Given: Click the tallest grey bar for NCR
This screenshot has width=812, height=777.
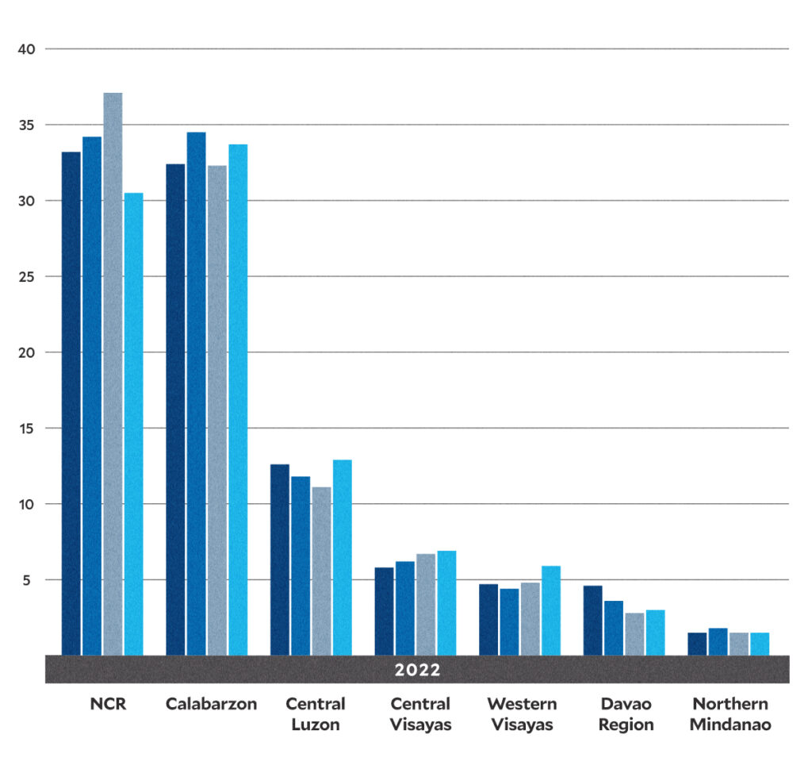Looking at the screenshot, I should tap(113, 373).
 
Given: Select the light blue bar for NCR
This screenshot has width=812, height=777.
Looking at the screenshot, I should tap(133, 424).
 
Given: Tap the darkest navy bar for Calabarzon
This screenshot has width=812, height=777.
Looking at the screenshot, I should tap(175, 409).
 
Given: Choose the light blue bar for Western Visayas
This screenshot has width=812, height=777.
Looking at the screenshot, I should tap(550, 610).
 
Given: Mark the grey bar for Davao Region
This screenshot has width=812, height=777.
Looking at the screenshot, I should tap(634, 634).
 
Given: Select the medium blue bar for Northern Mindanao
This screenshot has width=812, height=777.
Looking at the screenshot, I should tap(718, 642).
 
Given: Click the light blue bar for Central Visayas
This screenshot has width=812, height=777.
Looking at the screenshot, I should tap(446, 602).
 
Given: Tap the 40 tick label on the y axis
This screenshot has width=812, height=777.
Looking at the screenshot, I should tap(27, 49).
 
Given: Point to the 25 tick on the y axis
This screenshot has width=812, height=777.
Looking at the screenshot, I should tap(27, 277).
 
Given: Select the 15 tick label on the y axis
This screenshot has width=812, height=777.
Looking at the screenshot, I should tap(27, 429).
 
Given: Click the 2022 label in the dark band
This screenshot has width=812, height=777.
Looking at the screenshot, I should tap(417, 670).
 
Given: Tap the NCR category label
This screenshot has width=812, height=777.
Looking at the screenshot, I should tap(108, 704).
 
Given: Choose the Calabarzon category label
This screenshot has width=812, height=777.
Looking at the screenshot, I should tap(211, 704).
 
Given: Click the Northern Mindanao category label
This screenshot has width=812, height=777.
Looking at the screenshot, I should tap(730, 714).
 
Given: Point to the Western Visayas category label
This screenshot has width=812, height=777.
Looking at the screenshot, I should tap(522, 714).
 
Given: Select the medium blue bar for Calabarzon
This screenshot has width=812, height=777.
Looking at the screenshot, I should tap(196, 394).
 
